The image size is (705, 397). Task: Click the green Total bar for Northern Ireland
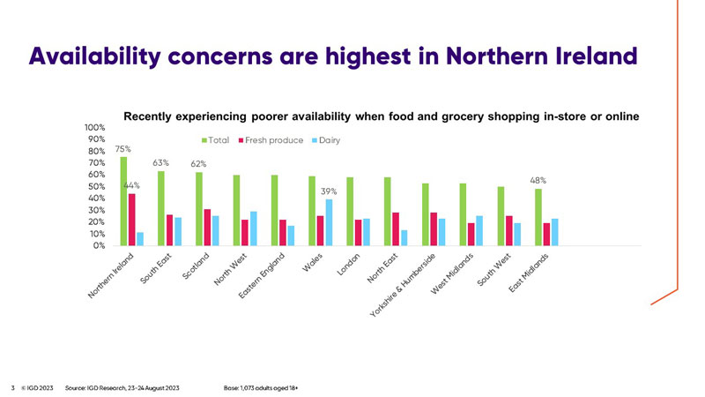(123, 201)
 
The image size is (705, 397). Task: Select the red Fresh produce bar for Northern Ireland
(131, 220)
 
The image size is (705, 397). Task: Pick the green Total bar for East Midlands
(538, 217)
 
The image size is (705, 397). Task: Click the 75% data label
(123, 150)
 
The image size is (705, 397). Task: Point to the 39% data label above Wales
(329, 191)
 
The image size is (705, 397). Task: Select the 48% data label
(538, 181)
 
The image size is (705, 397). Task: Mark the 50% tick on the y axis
(98, 187)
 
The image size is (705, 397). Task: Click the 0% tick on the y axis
(100, 246)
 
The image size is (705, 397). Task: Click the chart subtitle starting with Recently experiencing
(380, 116)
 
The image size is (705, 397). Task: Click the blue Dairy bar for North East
(404, 237)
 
